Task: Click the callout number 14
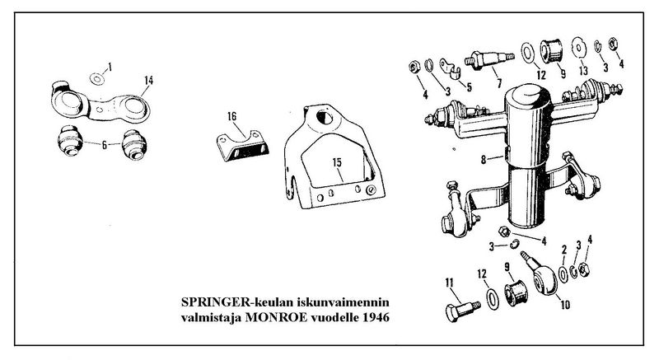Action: pos(148,80)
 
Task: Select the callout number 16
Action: pos(232,117)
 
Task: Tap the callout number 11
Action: pos(450,284)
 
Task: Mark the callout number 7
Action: pos(498,85)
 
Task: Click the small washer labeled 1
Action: pos(96,80)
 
